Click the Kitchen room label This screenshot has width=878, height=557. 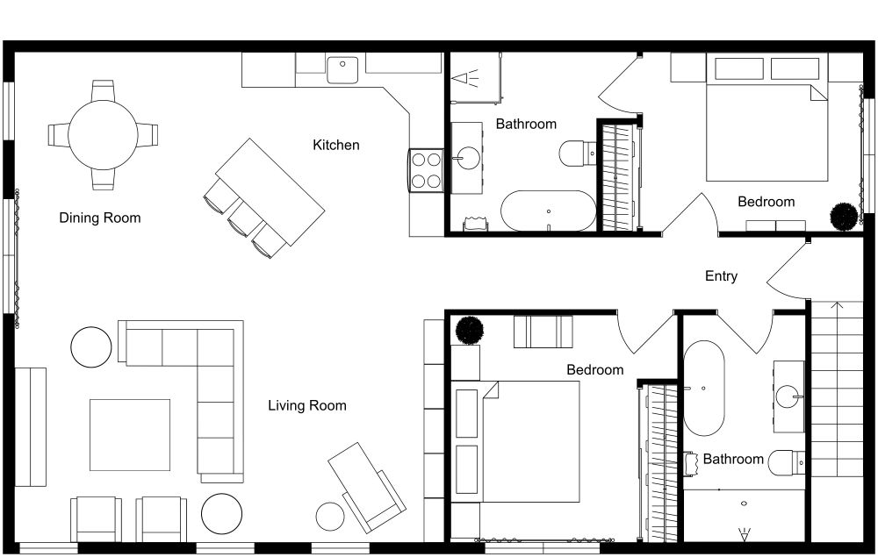336,145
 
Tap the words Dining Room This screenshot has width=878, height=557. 99,218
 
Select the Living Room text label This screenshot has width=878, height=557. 306,405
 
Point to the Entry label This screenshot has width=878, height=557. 721,276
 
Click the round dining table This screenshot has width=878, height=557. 103,134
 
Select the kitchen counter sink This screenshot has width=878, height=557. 342,67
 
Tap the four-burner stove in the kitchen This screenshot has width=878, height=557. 426,169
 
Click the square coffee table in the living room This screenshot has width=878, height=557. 130,434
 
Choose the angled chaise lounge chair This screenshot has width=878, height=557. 366,484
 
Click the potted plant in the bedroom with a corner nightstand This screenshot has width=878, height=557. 470,331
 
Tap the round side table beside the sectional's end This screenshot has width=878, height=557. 91,346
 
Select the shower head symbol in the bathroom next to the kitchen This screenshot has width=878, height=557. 466,79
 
